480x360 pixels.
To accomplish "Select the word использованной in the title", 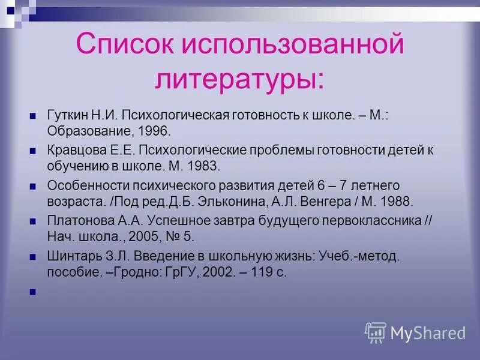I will click(298, 46).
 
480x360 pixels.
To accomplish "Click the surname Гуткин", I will click(66, 115).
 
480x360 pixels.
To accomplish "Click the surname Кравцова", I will click(73, 149).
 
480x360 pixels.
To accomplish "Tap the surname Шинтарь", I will click(71, 256).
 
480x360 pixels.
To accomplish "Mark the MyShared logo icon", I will click(376, 332).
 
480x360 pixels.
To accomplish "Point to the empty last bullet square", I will click(34, 292).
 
